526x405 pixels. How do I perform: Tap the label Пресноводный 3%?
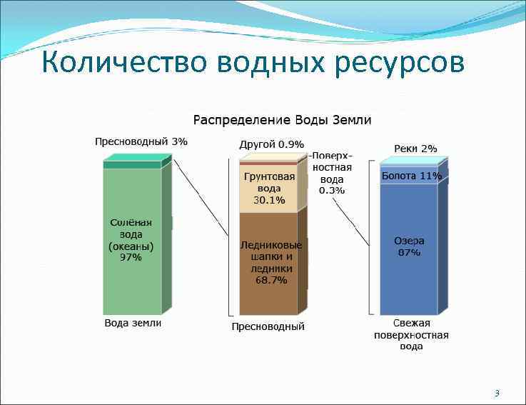tap(141, 141)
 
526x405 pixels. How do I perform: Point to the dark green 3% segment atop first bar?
tap(132, 165)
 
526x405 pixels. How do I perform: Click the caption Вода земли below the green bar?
tap(133, 323)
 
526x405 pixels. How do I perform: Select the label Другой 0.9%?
tap(270, 144)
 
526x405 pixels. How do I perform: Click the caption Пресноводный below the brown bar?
tap(268, 326)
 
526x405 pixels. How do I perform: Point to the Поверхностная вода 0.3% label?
tap(332, 173)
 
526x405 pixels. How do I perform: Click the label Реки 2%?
tap(415, 149)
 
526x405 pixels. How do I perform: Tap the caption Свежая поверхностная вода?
tap(411, 335)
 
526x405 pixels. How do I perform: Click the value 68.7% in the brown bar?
tap(271, 280)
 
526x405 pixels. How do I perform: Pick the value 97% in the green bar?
tap(131, 257)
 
